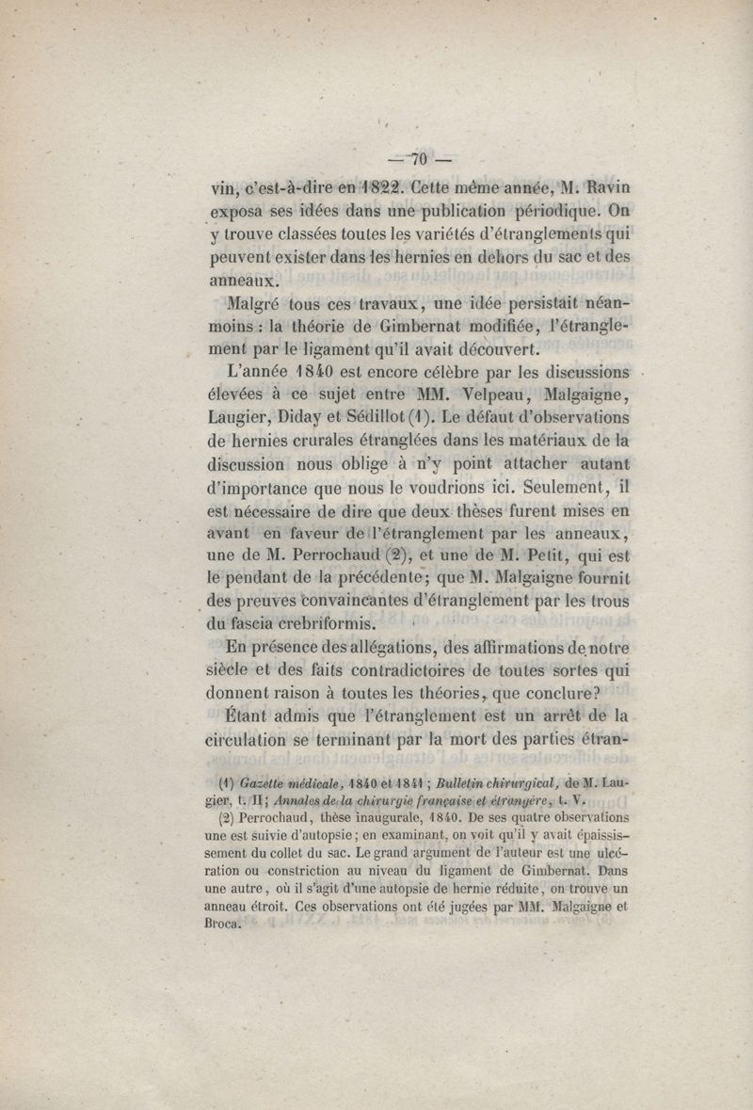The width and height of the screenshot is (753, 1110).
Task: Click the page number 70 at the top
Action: coord(420,158)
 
